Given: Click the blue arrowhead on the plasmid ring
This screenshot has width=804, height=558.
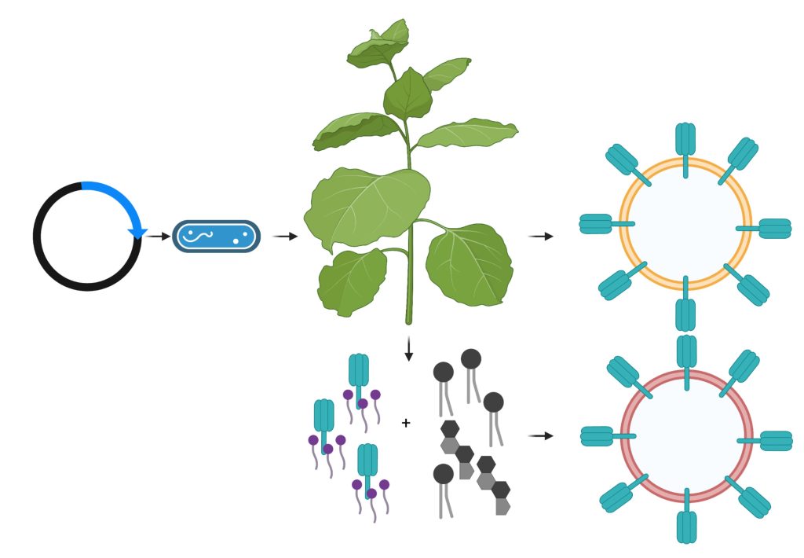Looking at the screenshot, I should click(x=137, y=232).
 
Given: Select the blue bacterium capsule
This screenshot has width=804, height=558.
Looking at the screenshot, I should click(x=216, y=236).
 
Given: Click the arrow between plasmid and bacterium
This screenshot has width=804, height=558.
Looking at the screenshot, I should click(x=159, y=236).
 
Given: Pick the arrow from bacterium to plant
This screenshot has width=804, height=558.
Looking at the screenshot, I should click(x=285, y=236).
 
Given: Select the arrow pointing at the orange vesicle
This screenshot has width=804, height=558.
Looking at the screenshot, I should click(x=541, y=236).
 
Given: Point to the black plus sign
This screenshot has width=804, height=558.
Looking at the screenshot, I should click(x=406, y=423).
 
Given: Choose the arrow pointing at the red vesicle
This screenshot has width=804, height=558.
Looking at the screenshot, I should click(x=541, y=435).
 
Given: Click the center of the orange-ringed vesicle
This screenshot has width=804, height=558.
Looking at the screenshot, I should click(x=685, y=225).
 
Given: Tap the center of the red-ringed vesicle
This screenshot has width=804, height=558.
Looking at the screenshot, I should click(x=686, y=437).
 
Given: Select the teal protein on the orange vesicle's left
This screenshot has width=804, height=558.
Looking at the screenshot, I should click(x=597, y=224).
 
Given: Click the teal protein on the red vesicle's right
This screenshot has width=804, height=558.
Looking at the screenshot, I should click(x=774, y=441).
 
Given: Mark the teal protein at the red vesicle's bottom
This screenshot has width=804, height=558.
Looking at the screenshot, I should click(x=686, y=525).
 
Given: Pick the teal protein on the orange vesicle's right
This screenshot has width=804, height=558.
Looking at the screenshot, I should click(x=773, y=228).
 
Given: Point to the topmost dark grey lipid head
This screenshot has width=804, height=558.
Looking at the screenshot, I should click(x=471, y=359).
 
